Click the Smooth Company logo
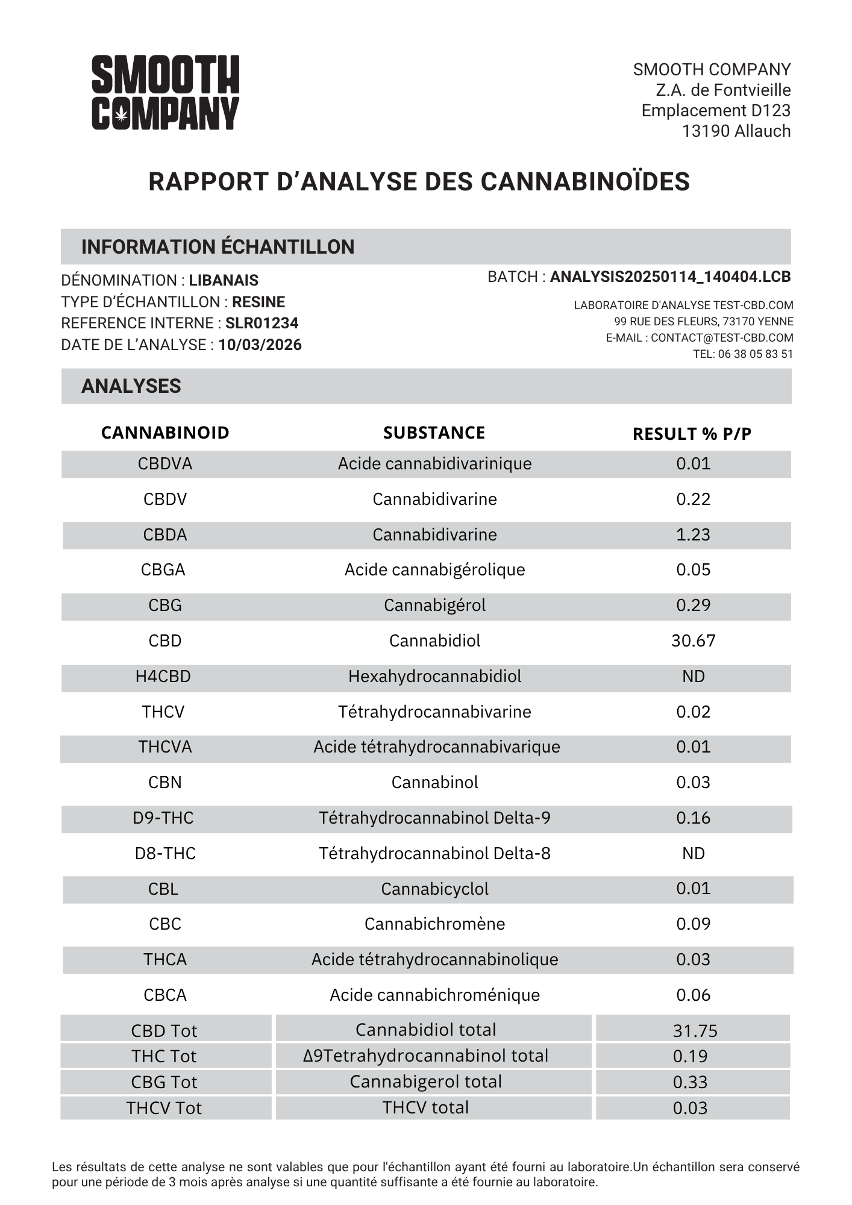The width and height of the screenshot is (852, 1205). click(165, 92)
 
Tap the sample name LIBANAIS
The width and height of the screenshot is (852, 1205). click(224, 280)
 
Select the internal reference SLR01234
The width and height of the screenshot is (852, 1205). click(262, 324)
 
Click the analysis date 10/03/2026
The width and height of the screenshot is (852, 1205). click(260, 345)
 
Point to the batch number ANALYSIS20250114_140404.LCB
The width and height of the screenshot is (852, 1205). click(670, 277)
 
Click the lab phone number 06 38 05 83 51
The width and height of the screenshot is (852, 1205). click(755, 354)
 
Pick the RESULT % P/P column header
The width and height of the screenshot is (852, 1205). click(692, 434)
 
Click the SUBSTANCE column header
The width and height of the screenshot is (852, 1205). click(434, 433)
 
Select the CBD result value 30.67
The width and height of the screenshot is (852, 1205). click(693, 640)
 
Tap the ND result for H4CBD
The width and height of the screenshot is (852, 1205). click(693, 676)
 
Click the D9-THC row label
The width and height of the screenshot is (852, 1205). click(163, 818)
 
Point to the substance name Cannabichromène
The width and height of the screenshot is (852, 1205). click(434, 924)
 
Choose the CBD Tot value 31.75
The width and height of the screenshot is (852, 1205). click(695, 1031)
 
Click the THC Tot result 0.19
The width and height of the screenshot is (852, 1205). click(690, 1056)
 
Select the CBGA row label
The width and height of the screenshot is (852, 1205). click(163, 569)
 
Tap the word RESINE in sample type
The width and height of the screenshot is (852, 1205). click(258, 302)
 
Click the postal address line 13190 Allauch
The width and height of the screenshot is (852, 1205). click(736, 131)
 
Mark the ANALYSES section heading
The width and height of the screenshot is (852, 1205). click(131, 386)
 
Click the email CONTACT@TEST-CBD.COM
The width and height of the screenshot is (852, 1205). click(722, 338)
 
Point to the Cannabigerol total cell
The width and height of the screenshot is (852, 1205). click(425, 1081)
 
